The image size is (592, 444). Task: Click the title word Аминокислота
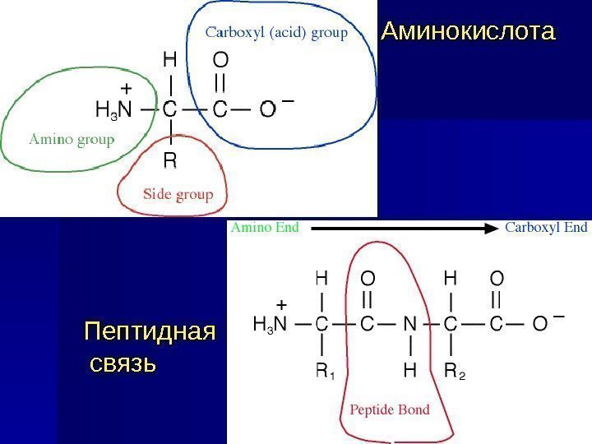468,33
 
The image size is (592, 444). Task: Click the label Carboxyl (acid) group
276,33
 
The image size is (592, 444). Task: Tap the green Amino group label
72,139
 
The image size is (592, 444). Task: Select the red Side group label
178,195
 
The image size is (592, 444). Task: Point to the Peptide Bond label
390,409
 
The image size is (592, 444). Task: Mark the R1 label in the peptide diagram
325,373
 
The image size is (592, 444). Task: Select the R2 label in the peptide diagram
454,373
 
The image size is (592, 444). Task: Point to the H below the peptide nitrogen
410,372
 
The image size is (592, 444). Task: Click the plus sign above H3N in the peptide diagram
280,303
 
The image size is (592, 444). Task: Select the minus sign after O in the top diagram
287,101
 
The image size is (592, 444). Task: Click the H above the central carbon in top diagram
169,58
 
